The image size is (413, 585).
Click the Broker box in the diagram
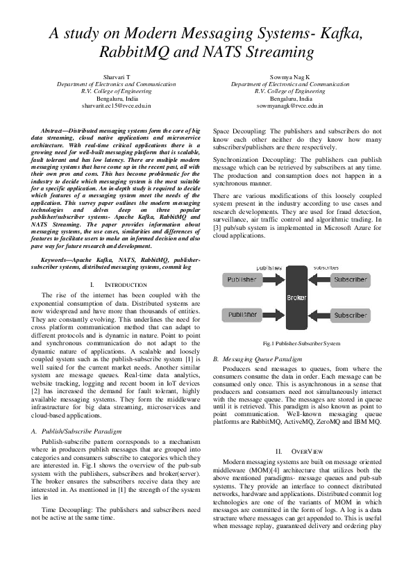coord(292,297)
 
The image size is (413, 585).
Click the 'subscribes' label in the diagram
coord(326,267)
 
